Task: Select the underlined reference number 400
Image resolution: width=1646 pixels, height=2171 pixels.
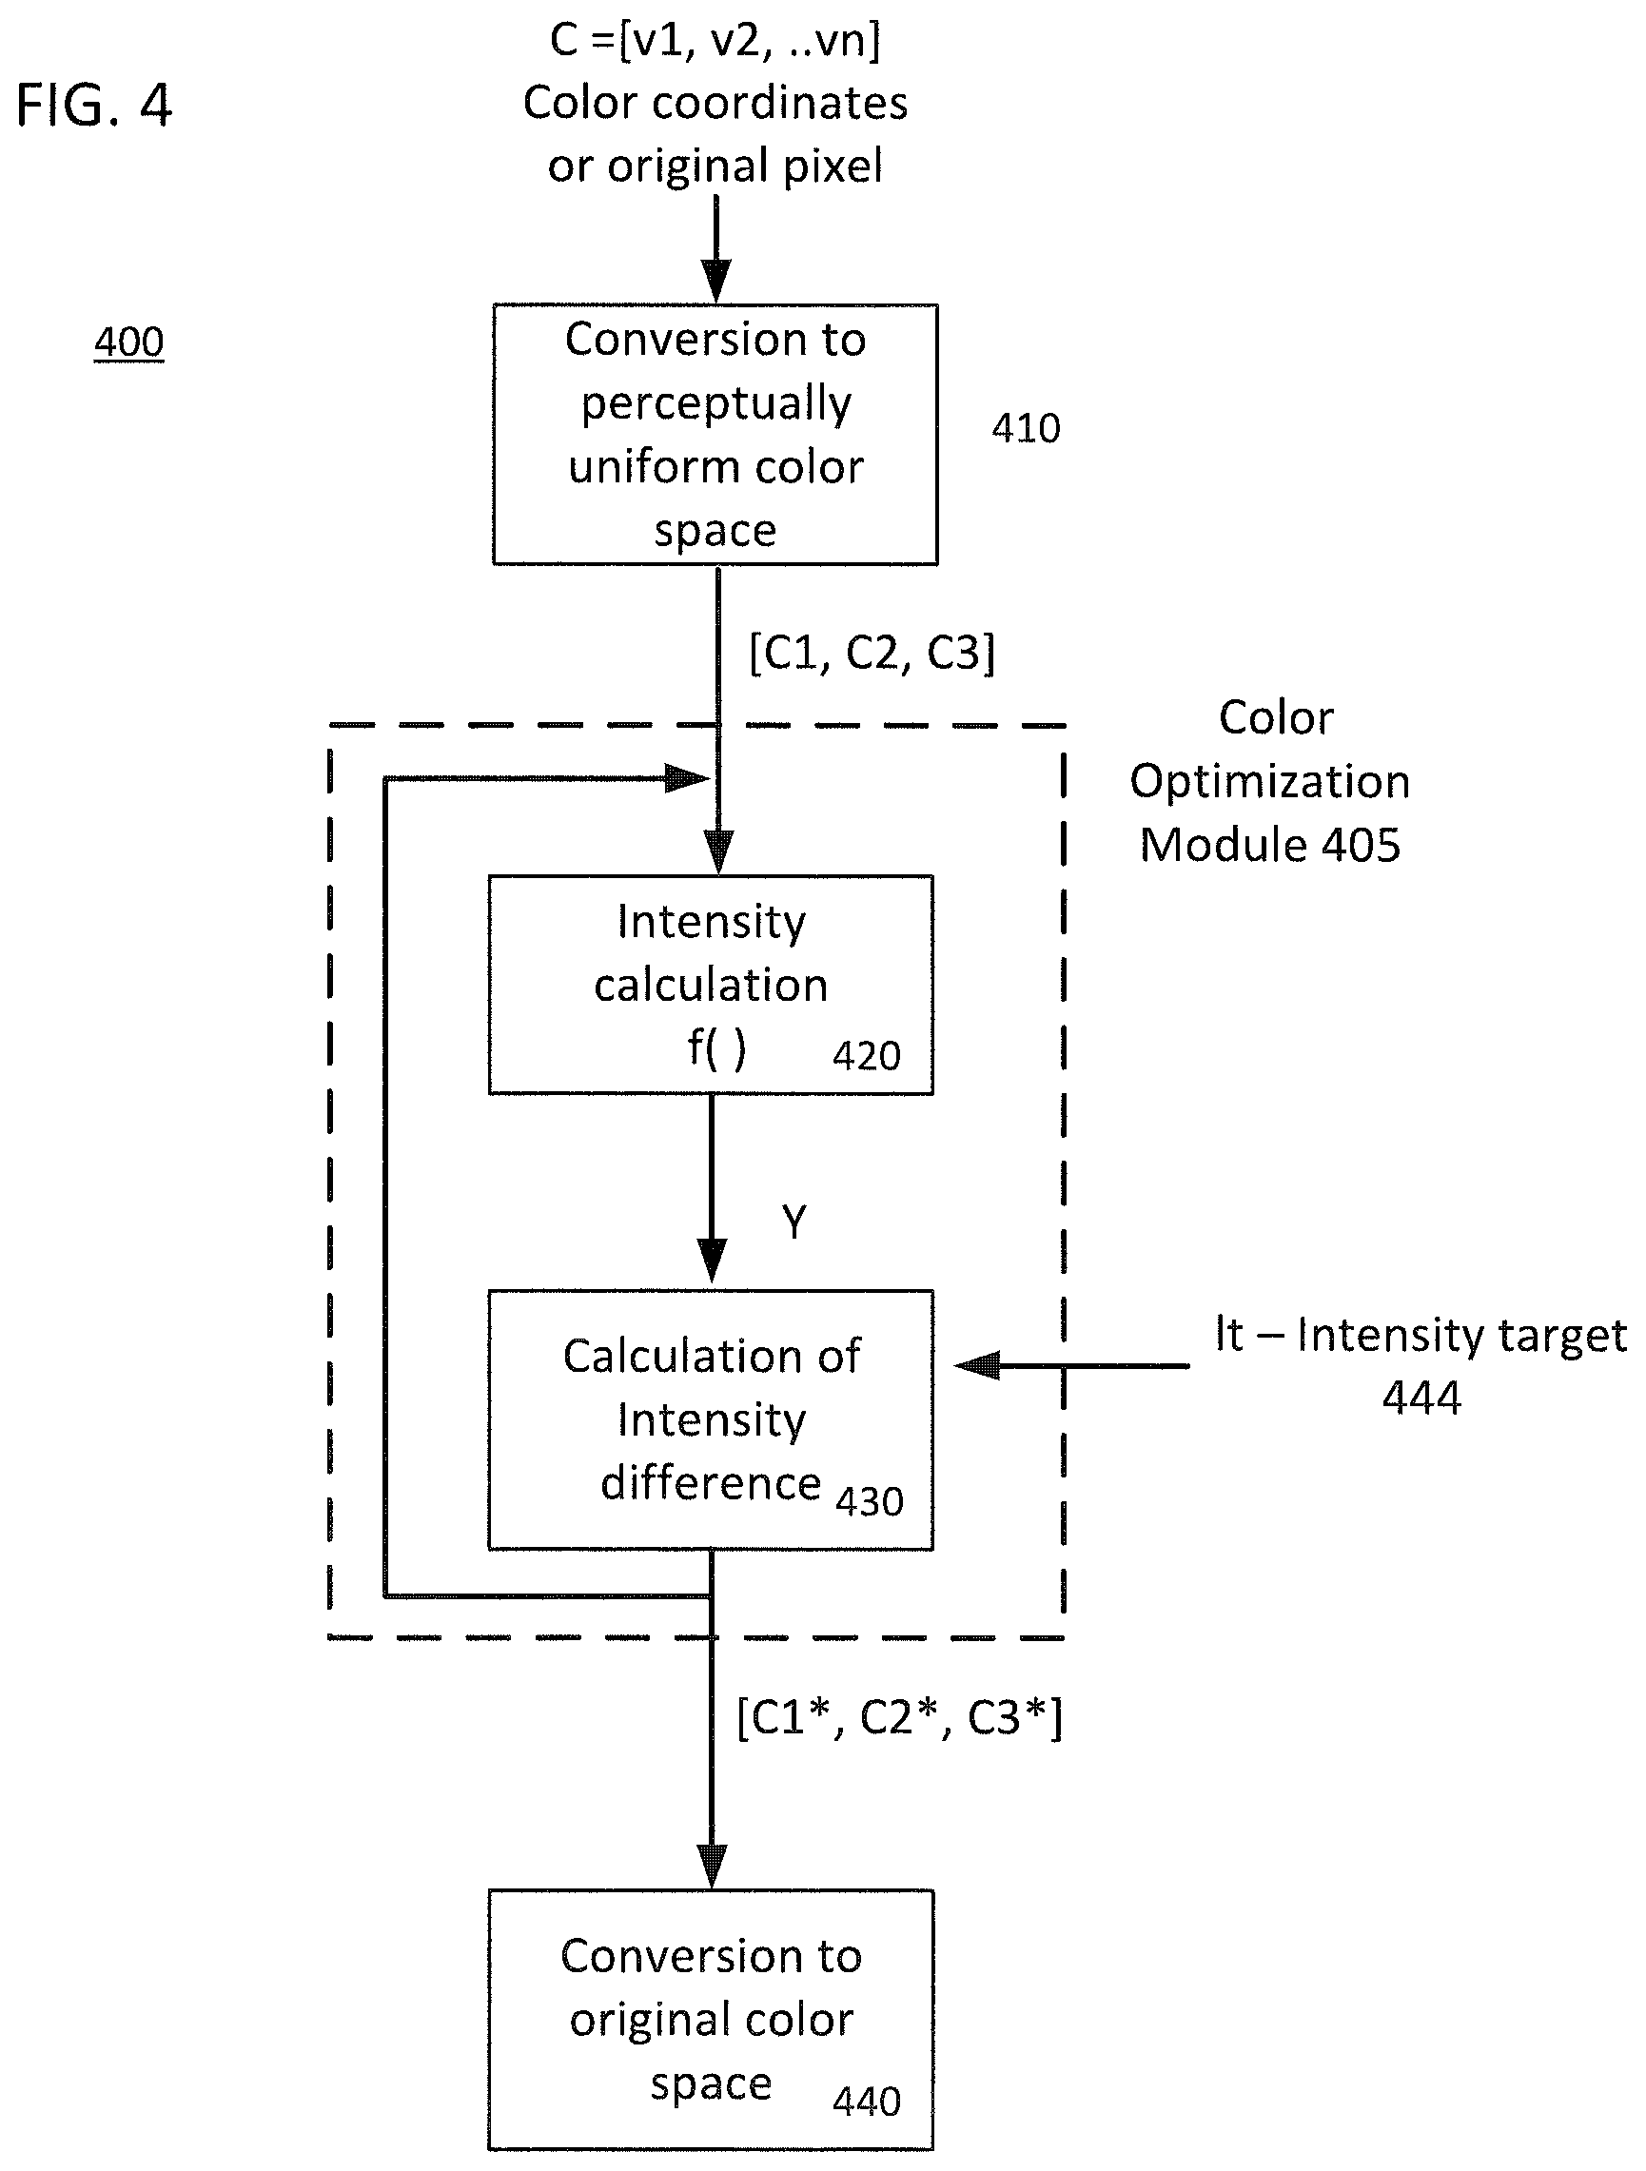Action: point(128,342)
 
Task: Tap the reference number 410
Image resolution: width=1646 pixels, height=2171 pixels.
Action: point(1026,428)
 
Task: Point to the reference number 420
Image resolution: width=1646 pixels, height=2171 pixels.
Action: point(867,1055)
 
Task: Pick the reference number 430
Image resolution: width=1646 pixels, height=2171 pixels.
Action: point(870,1501)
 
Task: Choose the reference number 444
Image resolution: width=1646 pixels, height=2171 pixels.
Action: point(1421,1397)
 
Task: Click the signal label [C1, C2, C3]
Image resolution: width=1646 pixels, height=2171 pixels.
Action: point(872,653)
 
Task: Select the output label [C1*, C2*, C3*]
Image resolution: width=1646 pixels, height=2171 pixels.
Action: point(900,1717)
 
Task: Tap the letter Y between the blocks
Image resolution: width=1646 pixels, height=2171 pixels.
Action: point(794,1222)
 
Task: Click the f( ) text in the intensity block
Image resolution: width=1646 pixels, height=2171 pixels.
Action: point(716,1048)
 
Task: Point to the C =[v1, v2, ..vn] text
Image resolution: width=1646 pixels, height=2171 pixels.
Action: point(715,40)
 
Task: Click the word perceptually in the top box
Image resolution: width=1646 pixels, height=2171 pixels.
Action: point(715,404)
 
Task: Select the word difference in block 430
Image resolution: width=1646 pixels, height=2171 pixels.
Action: point(711,1482)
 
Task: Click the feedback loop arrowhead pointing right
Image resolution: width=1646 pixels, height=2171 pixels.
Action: point(687,779)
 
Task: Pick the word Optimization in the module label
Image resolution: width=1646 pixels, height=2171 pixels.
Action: point(1270,782)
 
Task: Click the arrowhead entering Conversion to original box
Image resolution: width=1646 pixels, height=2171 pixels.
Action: point(712,1866)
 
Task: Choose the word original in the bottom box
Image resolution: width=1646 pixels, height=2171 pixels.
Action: point(712,2020)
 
